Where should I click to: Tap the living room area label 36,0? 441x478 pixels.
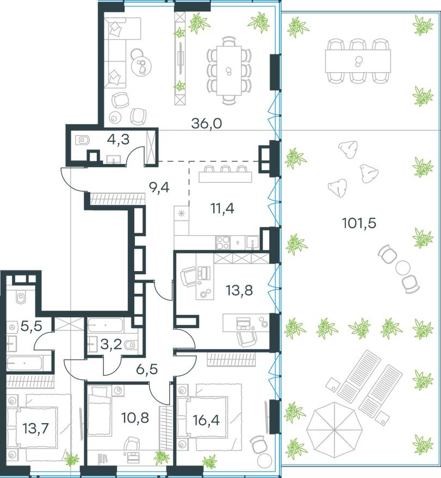pyautogui.click(x=207, y=123)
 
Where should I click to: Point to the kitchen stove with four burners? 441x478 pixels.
pyautogui.click(x=223, y=241)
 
